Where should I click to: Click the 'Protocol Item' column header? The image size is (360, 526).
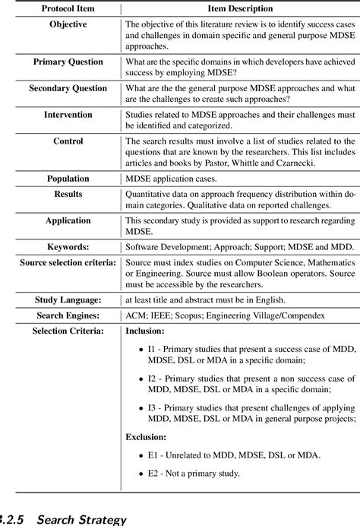point(63,8)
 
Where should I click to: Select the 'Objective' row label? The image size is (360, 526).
point(68,24)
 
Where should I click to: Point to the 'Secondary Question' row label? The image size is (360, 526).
point(68,88)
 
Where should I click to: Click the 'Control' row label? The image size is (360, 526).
point(68,141)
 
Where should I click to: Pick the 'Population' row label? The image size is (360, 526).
point(68,179)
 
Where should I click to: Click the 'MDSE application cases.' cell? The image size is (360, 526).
point(171,179)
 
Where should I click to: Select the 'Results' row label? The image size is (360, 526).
point(68,195)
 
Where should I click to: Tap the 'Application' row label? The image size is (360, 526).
point(68,220)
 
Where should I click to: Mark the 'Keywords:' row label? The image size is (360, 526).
point(68,247)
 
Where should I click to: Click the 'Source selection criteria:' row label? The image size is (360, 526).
point(68,262)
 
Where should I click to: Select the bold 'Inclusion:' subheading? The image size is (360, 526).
point(144,331)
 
